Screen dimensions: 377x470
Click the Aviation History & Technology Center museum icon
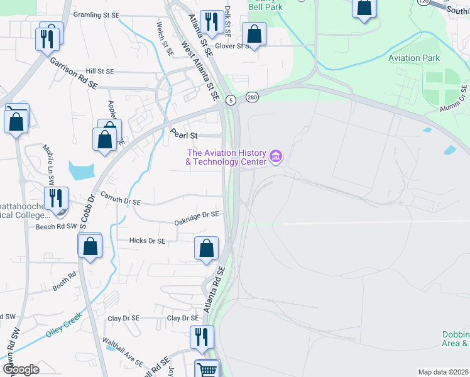click(275, 156)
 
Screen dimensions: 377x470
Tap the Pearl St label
click(184, 134)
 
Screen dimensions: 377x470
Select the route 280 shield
click(252, 97)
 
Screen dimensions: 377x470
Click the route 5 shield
click(231, 100)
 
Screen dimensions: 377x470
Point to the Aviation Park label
click(414, 58)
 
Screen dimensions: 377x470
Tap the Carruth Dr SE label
click(119, 199)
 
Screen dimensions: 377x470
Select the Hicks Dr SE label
click(146, 241)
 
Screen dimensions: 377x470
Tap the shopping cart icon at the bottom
click(207, 369)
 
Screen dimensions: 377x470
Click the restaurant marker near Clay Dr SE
click(201, 337)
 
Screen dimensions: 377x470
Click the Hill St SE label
click(100, 72)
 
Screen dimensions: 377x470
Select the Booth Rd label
click(64, 281)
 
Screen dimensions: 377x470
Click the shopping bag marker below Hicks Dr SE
click(206, 249)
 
